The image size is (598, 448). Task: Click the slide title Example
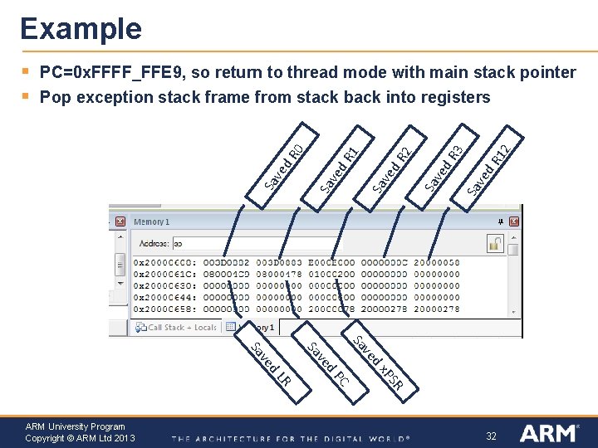81,29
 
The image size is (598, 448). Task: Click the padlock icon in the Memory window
495,244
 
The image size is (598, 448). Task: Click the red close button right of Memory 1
515,222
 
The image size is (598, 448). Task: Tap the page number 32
491,436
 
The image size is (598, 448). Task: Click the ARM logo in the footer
550,433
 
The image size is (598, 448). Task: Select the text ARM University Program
75,426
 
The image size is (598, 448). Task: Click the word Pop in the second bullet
55,98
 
